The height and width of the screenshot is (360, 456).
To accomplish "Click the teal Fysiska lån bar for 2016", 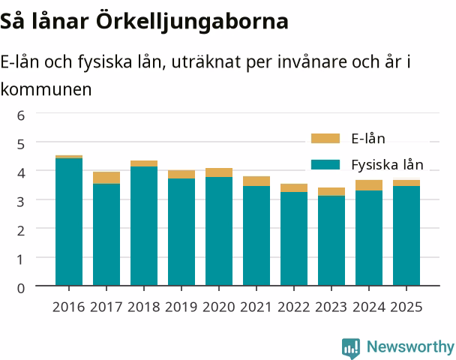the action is (69, 222).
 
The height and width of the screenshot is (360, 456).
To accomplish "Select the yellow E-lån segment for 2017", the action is (106, 178).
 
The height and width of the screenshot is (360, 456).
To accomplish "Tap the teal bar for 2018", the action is (144, 226).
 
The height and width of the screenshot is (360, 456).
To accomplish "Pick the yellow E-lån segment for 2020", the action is (219, 172).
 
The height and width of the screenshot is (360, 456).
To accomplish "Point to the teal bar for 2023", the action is (331, 241).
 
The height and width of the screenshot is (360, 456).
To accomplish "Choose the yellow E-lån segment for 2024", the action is (369, 185).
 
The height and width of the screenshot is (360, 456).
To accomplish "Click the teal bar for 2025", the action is (406, 235).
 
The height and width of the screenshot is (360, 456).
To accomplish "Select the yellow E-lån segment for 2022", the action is (294, 187).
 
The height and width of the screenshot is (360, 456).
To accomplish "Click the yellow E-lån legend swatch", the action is (325, 139).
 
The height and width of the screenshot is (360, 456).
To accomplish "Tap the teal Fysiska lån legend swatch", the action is (325, 164).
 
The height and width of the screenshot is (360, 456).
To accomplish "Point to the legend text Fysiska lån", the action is (387, 165).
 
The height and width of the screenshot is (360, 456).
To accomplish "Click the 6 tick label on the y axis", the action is (21, 115).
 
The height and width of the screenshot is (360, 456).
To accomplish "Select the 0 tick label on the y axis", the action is (21, 289).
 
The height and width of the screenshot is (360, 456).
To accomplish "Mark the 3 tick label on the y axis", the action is (21, 202).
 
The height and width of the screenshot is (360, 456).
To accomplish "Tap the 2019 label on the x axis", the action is (181, 307).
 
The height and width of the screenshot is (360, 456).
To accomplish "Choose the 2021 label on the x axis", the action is (256, 307).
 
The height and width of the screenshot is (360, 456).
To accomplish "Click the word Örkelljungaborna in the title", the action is (192, 21).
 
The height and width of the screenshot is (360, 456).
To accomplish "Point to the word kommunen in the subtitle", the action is (46, 89).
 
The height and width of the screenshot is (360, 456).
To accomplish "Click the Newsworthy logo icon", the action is (351, 348).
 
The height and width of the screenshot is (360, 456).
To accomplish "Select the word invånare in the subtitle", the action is (312, 62).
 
